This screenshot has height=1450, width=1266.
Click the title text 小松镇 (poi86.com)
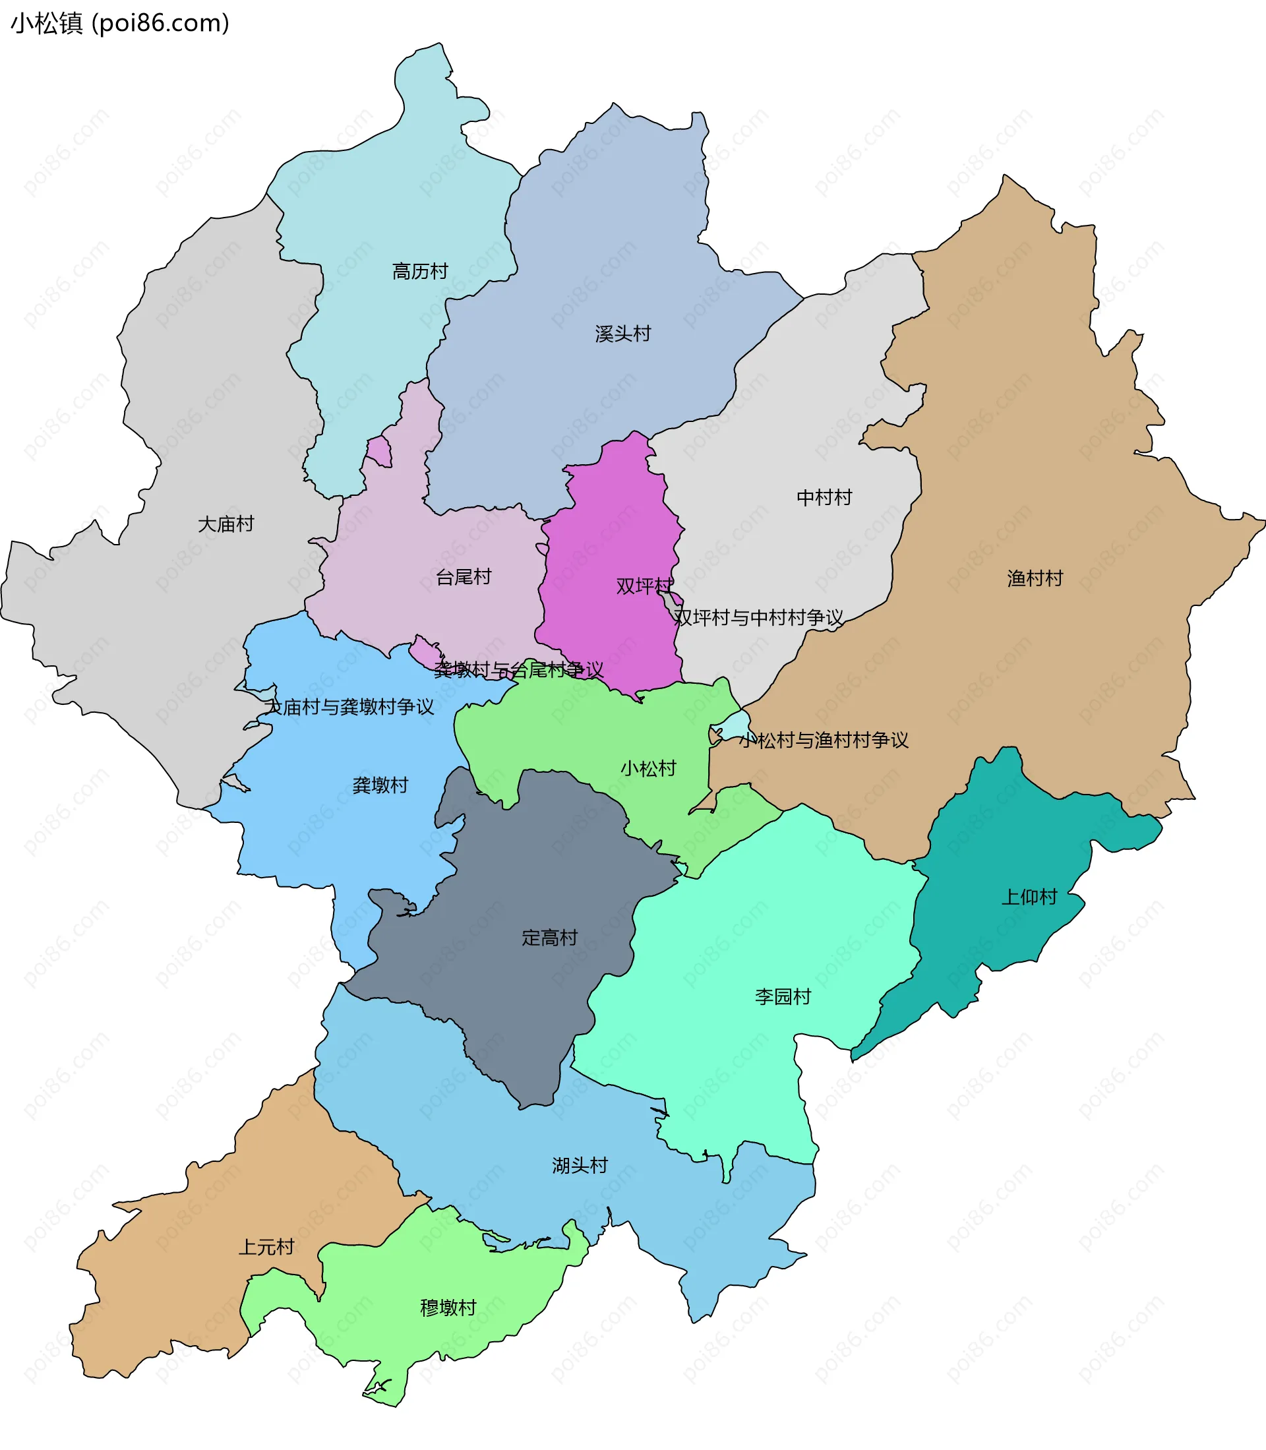click(x=120, y=23)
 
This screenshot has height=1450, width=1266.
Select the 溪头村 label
click(x=622, y=334)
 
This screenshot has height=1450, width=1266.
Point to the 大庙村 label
click(x=226, y=524)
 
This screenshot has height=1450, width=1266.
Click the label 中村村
click(x=824, y=497)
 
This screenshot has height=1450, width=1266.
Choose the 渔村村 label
click(x=1035, y=578)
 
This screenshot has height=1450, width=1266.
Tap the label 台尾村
click(x=463, y=576)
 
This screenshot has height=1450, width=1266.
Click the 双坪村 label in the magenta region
click(x=643, y=586)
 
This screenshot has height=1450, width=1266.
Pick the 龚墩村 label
click(x=380, y=785)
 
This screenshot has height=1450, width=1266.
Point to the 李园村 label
click(x=782, y=997)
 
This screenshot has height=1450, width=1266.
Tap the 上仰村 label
click(x=1029, y=897)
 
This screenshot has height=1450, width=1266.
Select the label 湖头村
click(x=580, y=1165)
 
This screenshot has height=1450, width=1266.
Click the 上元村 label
click(x=266, y=1246)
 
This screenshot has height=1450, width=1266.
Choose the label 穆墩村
click(x=448, y=1308)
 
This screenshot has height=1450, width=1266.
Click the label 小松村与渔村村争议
click(x=823, y=740)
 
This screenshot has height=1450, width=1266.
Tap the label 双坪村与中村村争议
click(x=758, y=618)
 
